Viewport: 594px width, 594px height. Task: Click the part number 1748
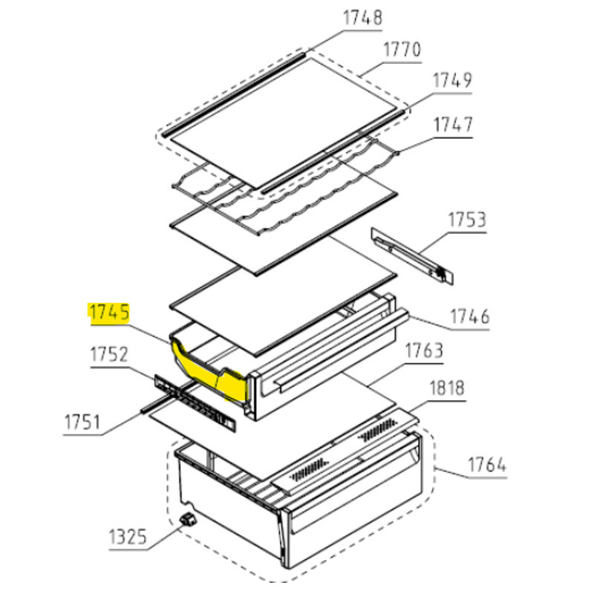coord(362,18)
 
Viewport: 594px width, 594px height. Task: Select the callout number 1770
coord(402,50)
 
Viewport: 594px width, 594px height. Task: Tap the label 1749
coord(452,81)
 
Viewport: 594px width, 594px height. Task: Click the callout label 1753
coord(467,220)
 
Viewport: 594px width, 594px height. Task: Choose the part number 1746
coord(469,317)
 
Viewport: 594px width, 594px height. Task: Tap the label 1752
coord(109,355)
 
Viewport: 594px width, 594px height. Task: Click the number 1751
coord(82,422)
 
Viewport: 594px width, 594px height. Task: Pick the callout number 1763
coord(424,351)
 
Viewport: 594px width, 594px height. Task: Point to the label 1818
coord(447,388)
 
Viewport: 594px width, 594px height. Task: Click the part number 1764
coord(487,466)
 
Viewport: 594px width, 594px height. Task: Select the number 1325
coord(127,538)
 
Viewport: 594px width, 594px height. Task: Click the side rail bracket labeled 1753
coord(412,255)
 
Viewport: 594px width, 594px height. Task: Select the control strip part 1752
coord(195,403)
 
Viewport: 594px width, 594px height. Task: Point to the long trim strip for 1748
coord(234,94)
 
